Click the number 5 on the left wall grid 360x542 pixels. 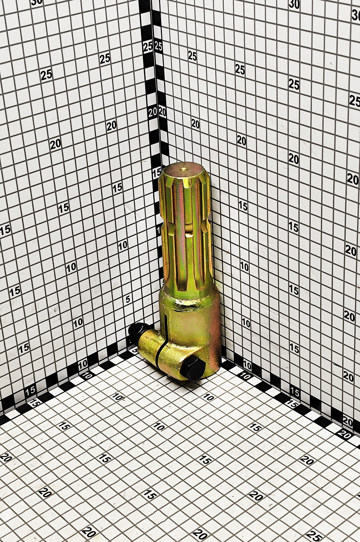128,299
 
